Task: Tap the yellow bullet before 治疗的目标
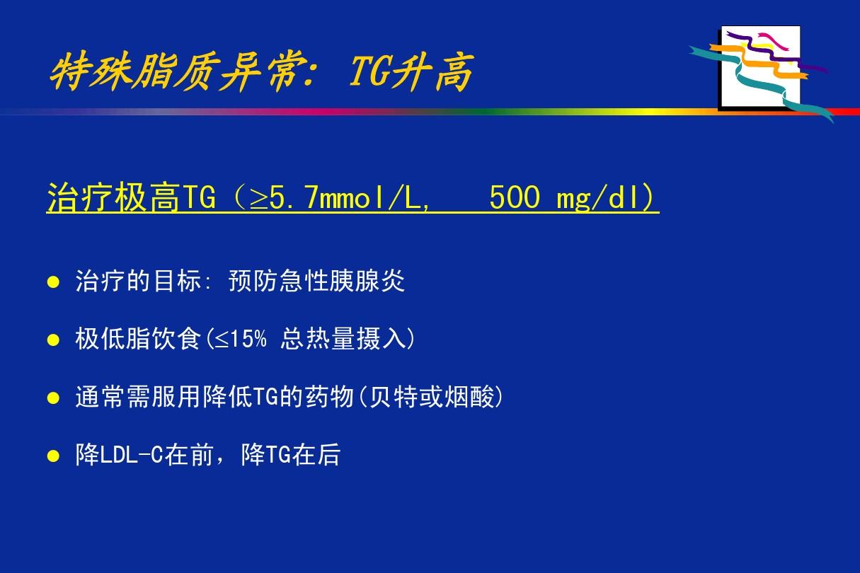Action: pyautogui.click(x=52, y=282)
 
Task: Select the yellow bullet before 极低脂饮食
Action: pyautogui.click(x=52, y=340)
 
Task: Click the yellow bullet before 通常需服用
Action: pyautogui.click(x=52, y=398)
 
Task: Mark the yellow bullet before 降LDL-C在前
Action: pyautogui.click(x=52, y=456)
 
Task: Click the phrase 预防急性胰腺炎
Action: pyautogui.click(x=316, y=282)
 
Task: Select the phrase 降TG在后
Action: pyautogui.click(x=290, y=456)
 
